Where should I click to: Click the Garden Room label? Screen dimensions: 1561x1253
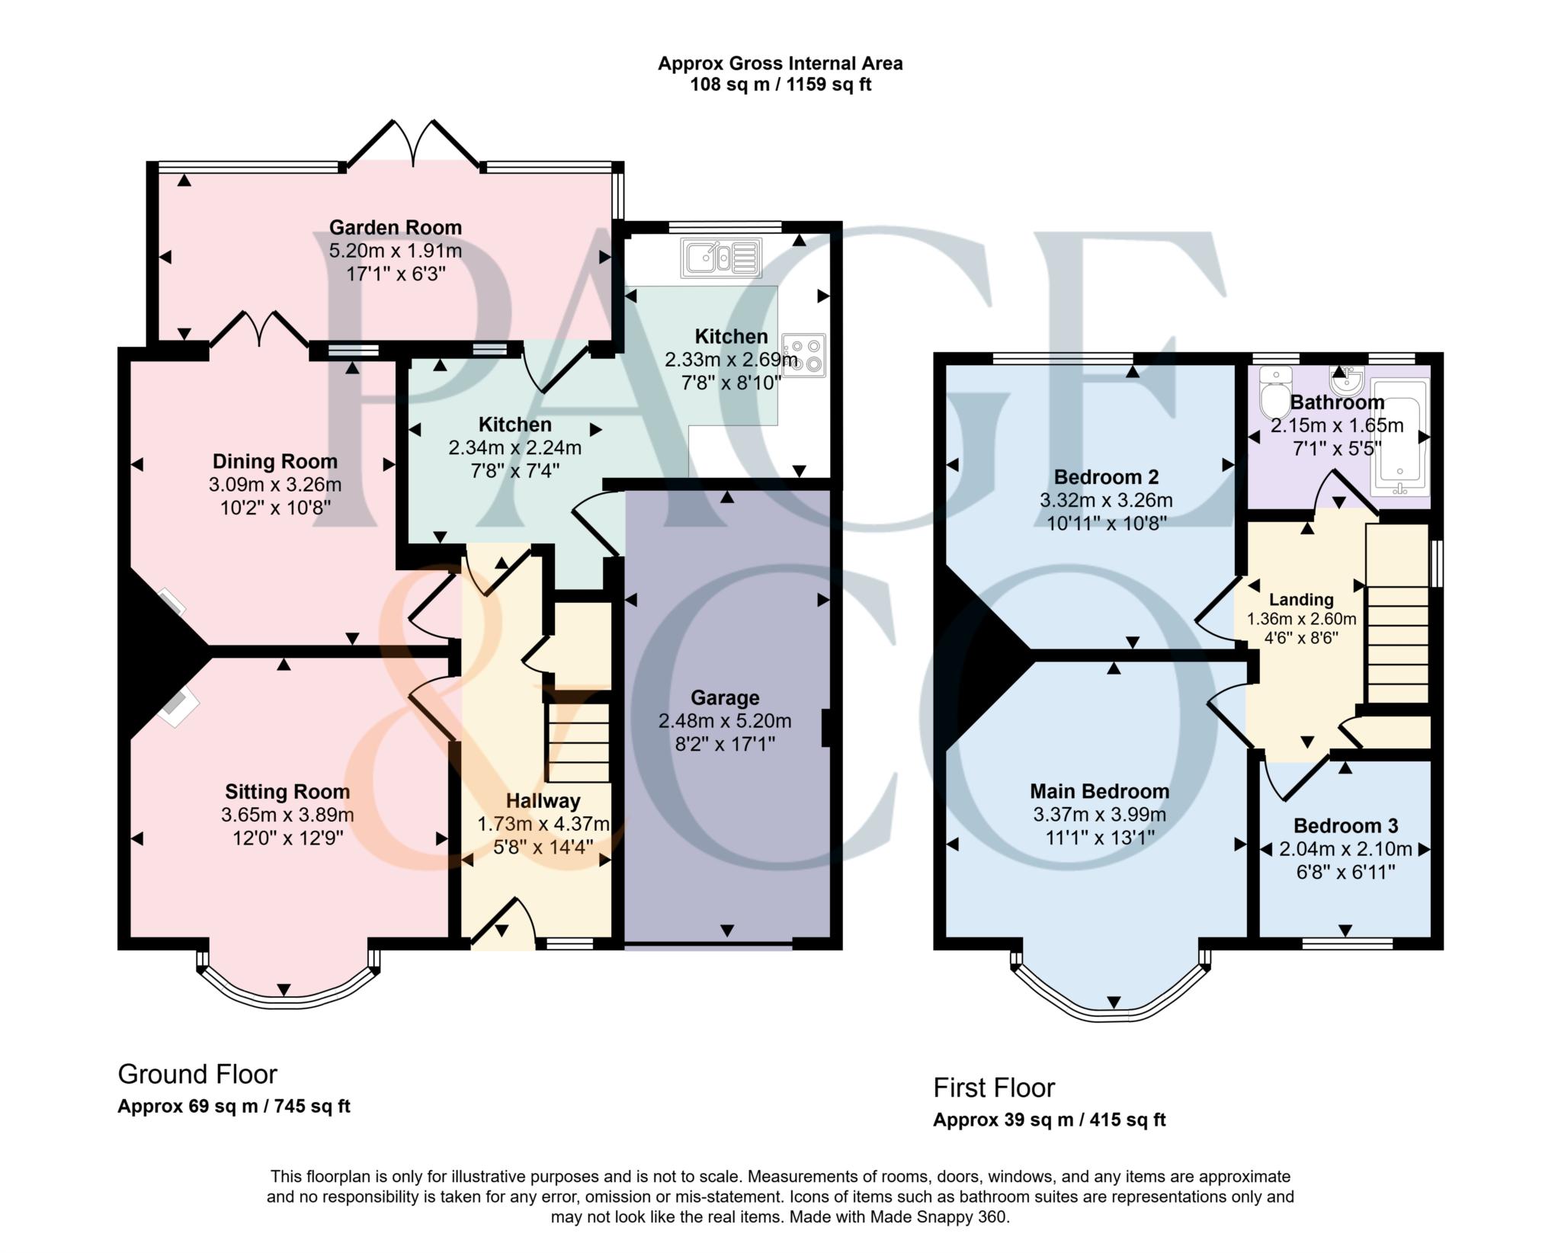tap(395, 227)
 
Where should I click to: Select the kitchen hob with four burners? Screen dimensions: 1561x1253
tap(804, 356)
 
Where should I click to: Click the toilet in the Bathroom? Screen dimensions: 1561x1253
tap(1271, 392)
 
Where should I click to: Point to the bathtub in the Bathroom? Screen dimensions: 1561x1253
tap(1400, 437)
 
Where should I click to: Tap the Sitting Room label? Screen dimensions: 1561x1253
tap(287, 792)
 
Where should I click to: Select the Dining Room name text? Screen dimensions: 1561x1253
tap(274, 461)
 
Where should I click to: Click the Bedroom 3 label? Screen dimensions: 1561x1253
tap(1345, 825)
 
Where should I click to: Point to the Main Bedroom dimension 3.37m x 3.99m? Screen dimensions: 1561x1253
tap(1099, 814)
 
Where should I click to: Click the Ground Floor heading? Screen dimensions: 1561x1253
tap(197, 1074)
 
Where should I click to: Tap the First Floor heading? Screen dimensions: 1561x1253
tap(994, 1088)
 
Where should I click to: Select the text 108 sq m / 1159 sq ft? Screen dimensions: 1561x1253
tap(780, 85)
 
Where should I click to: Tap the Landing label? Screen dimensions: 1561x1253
tap(1301, 600)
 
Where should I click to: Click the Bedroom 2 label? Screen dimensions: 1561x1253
tap(1106, 477)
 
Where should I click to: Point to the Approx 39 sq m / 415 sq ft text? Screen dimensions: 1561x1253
tap(1050, 1120)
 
